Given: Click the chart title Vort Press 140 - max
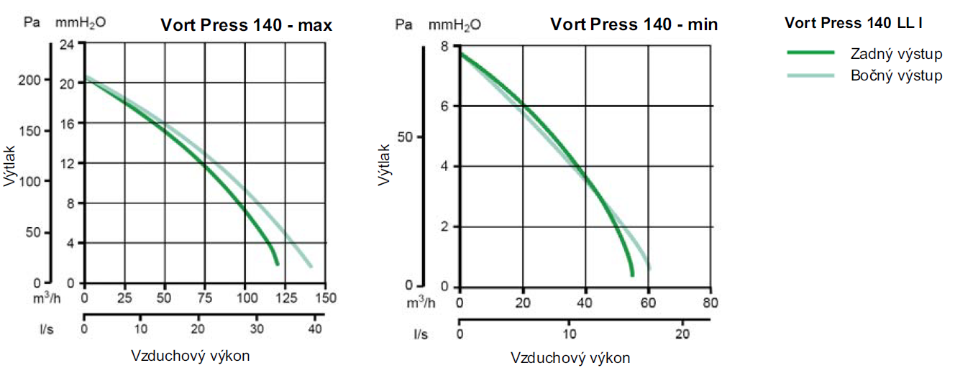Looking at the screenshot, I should tap(246, 26).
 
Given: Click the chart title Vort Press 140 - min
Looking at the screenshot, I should tap(634, 24).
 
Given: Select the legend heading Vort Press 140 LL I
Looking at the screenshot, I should tap(854, 23).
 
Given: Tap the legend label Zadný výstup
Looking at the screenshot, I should tap(896, 54).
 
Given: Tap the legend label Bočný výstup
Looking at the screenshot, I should tap(896, 75).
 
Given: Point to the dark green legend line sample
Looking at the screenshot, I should tap(810, 53).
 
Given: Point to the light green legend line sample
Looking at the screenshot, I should tap(810, 75).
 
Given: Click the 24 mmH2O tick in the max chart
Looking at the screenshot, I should tap(67, 44).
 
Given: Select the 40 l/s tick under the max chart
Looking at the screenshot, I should tap(314, 328).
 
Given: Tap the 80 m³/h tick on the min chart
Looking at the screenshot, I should tap(710, 301).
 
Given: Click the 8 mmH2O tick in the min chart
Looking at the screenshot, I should tap(445, 46).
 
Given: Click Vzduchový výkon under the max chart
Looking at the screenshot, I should tap(191, 356).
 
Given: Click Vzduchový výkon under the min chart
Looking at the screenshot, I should tap(571, 357).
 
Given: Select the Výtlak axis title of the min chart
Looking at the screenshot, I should tap(385, 164).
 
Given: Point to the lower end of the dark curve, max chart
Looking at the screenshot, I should tap(277, 264).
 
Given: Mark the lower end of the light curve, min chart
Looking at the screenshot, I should tap(649, 268).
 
